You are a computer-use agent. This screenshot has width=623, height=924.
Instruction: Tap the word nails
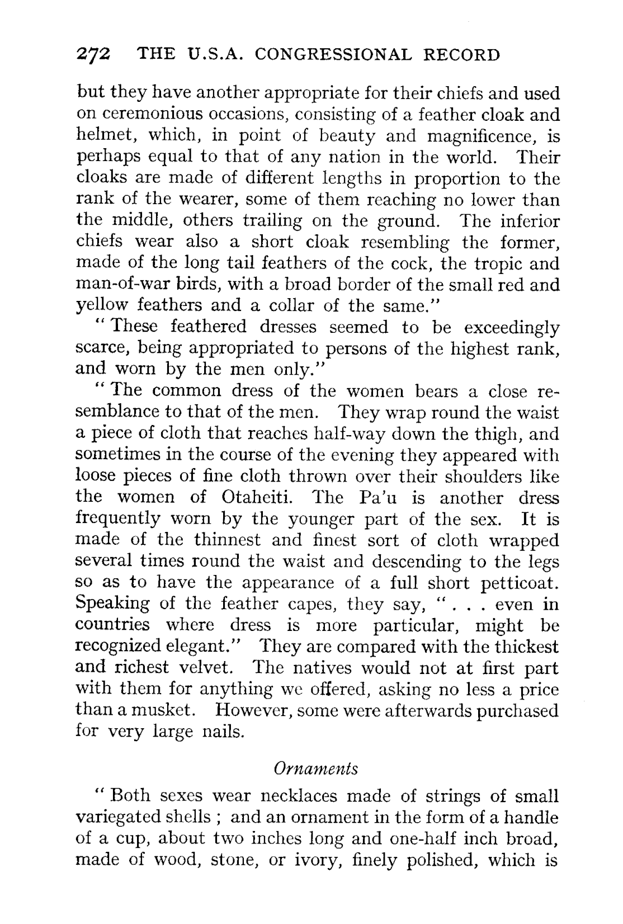coord(222,732)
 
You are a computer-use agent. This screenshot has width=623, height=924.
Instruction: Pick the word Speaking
coord(112,605)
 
